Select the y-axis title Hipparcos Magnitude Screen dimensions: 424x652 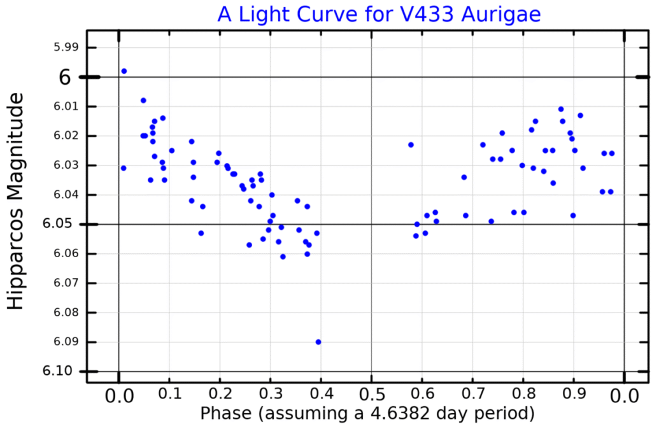pos(17,201)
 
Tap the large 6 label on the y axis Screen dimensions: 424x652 pos(66,77)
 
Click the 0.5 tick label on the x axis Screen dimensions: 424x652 pos(371,395)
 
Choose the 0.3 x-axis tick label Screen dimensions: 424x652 pos(270,395)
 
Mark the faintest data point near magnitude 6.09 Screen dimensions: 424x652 pos(318,342)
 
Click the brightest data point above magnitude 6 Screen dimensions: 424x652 pos(124,71)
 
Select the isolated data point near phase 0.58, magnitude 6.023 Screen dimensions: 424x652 pos(411,145)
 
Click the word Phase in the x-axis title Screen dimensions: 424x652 pos(227,413)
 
